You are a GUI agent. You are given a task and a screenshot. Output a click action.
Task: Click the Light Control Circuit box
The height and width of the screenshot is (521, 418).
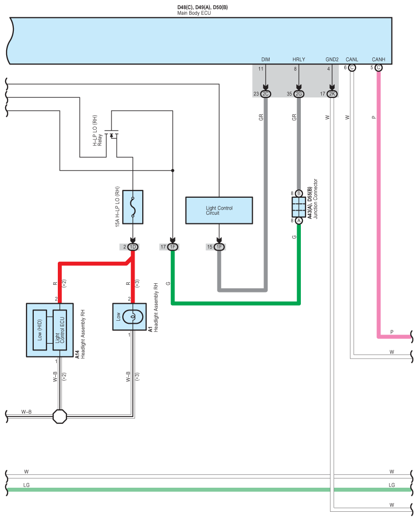click(x=219, y=211)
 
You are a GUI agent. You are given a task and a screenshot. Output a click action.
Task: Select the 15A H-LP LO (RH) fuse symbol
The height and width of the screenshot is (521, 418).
click(x=133, y=207)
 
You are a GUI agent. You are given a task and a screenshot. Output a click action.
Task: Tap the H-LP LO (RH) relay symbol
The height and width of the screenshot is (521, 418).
click(x=112, y=134)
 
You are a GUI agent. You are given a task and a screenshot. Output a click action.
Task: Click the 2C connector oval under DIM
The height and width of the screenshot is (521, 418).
click(x=266, y=94)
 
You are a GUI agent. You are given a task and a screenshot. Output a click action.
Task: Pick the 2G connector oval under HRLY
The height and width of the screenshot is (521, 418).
click(x=299, y=94)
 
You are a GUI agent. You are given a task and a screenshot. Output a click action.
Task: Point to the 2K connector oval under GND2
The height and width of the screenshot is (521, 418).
click(x=332, y=94)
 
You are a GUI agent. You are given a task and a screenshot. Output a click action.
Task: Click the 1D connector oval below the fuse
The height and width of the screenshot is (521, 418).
click(x=133, y=247)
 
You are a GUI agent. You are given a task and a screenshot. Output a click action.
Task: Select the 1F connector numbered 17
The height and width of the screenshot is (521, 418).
click(x=172, y=247)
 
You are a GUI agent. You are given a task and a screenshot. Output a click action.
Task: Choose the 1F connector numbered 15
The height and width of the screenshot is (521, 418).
click(x=219, y=247)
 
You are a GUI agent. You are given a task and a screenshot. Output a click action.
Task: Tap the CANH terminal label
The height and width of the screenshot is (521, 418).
click(x=379, y=59)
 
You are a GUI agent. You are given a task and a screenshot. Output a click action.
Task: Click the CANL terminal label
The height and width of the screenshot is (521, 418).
click(x=352, y=59)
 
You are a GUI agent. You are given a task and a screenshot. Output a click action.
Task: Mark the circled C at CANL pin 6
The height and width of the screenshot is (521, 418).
click(x=352, y=68)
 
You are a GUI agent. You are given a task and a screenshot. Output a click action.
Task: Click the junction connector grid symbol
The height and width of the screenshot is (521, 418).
click(x=299, y=207)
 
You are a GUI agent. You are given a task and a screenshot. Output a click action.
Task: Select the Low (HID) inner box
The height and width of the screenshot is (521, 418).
click(x=40, y=330)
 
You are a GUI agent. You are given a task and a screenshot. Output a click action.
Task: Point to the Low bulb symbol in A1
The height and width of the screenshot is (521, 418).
click(x=133, y=317)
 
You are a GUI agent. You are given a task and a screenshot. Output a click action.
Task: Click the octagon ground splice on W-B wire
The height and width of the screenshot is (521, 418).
click(x=60, y=416)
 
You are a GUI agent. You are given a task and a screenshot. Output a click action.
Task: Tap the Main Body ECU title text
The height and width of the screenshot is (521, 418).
click(x=194, y=13)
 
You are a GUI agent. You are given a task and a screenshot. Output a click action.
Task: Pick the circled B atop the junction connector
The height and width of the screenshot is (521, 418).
click(x=299, y=193)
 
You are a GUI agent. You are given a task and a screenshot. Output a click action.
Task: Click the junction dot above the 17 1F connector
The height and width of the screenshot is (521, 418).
click(x=172, y=171)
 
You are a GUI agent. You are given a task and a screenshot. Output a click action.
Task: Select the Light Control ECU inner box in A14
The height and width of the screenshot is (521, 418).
click(x=60, y=330)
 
